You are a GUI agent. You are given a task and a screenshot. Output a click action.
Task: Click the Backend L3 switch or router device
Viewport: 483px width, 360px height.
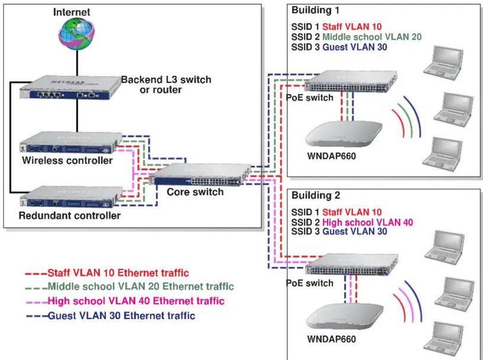pos(70,88)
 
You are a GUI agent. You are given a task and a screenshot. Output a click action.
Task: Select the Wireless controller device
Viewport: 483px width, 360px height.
pos(71,142)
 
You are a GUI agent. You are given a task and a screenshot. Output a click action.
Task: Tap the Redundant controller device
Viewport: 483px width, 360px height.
pos(71,197)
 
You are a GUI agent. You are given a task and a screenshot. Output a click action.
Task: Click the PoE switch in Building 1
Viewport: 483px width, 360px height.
pos(351,81)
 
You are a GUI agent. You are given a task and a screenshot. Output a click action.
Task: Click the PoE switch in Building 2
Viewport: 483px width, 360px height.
pos(352,264)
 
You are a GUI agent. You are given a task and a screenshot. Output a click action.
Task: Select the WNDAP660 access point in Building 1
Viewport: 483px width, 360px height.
pos(344,134)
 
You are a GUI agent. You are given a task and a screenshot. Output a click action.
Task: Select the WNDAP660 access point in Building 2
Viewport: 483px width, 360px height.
pos(345,317)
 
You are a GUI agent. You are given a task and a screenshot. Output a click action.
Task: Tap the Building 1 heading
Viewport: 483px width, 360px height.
pos(315,10)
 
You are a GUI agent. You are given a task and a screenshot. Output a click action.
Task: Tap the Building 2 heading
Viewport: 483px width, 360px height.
pos(315,195)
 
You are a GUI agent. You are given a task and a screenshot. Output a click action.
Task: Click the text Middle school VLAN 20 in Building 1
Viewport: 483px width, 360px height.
pos(372,37)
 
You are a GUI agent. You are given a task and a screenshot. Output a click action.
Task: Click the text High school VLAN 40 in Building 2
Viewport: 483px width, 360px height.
pos(368,222)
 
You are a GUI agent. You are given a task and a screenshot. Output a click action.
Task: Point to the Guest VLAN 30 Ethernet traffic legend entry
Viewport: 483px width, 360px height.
pos(111,316)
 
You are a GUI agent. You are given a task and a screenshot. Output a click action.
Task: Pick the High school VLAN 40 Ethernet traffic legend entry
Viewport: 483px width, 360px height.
pos(125,301)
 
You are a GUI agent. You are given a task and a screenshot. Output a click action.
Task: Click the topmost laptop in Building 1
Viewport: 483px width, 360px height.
pos(443,63)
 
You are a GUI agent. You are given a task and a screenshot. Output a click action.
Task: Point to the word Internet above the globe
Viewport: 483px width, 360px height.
pos(72,12)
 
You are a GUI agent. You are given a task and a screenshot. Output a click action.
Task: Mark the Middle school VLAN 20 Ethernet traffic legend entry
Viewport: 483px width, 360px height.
pos(130,287)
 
